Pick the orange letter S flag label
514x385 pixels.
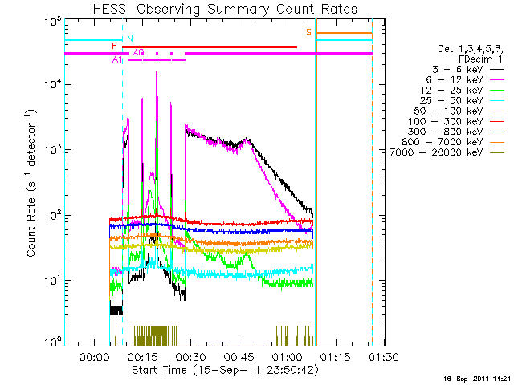point(308,32)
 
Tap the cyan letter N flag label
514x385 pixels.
point(130,38)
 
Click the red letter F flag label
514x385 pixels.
point(114,47)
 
